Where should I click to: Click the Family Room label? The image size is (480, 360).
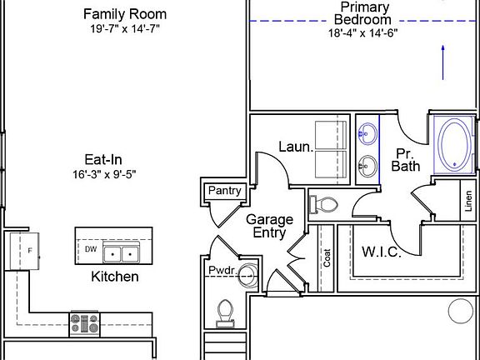[x=125, y=14]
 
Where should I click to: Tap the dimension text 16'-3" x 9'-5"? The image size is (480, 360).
[x=104, y=174]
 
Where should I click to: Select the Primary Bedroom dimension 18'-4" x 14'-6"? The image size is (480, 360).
[x=363, y=32]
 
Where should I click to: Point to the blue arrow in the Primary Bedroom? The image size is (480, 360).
[x=442, y=62]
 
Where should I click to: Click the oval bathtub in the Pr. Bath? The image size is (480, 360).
[x=455, y=144]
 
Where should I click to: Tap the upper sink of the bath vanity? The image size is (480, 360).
[x=367, y=133]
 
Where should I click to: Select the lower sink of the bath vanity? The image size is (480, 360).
[x=367, y=166]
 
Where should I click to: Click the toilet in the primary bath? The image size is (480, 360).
[x=323, y=204]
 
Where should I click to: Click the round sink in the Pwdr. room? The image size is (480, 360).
[x=247, y=275]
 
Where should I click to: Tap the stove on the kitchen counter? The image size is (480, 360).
[x=85, y=324]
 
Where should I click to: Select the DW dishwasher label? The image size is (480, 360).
[x=91, y=249]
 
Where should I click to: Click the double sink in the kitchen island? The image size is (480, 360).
[x=121, y=252]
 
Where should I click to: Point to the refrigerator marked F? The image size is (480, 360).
[x=24, y=252]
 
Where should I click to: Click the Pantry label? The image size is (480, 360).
[x=225, y=191]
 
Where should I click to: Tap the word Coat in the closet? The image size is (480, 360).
[x=327, y=257]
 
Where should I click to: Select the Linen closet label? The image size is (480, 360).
[x=468, y=201]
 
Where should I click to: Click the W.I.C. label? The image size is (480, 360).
[x=382, y=252]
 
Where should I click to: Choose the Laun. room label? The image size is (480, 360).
[x=296, y=147]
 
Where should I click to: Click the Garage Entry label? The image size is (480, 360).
[x=269, y=226]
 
